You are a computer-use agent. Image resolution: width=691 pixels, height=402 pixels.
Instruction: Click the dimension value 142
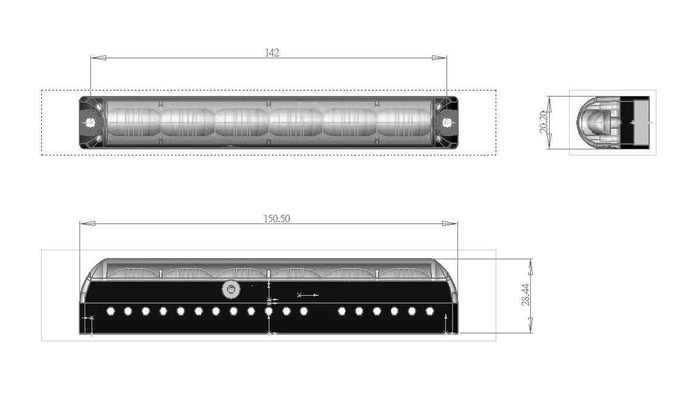(x=272, y=53)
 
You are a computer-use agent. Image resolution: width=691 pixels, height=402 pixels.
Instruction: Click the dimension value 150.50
(x=276, y=219)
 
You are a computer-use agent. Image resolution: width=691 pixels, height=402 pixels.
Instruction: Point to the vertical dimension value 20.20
(x=544, y=122)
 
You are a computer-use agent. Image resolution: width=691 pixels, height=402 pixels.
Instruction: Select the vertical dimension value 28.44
(x=526, y=296)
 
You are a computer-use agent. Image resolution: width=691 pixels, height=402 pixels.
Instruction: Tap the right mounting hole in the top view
(x=447, y=122)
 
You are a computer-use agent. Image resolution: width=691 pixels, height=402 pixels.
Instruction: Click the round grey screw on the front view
(x=230, y=289)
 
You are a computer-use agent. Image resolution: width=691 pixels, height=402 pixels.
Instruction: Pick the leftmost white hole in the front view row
(x=110, y=312)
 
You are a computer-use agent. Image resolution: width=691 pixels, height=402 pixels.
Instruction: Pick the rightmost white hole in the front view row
(x=430, y=312)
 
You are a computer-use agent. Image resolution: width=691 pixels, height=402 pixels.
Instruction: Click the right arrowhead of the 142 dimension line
(x=439, y=58)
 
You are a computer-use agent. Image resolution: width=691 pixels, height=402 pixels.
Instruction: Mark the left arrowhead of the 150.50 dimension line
(x=88, y=223)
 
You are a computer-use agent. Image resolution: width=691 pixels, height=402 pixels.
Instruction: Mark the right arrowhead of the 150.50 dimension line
(x=450, y=223)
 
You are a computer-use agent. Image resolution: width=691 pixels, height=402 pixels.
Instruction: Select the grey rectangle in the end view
(x=641, y=122)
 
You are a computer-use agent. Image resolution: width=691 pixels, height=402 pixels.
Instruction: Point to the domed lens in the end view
(x=592, y=121)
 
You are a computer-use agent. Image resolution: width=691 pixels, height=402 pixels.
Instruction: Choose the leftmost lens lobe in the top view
(x=133, y=122)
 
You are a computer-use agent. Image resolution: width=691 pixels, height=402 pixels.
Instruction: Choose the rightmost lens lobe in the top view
(x=403, y=122)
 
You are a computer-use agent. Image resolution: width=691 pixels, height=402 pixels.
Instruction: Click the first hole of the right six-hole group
(x=342, y=312)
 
